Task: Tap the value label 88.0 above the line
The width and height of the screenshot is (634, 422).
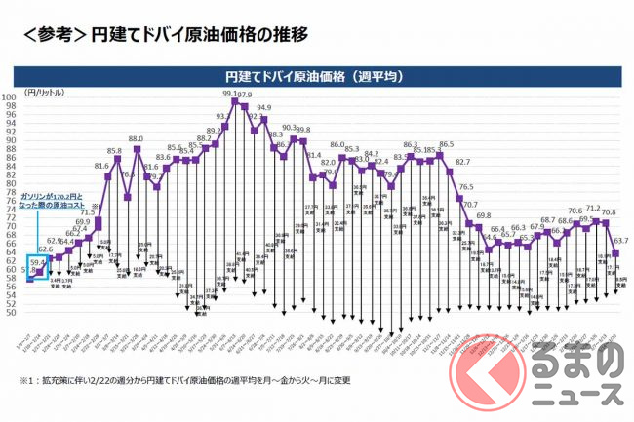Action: pos(136,139)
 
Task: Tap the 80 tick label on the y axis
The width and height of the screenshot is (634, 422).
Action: pos(34,183)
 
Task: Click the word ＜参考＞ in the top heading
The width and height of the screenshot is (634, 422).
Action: pos(51,36)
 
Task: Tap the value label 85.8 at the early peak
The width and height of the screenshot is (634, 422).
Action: pos(114,151)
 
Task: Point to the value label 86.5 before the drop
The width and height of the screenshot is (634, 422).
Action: pos(446,144)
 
